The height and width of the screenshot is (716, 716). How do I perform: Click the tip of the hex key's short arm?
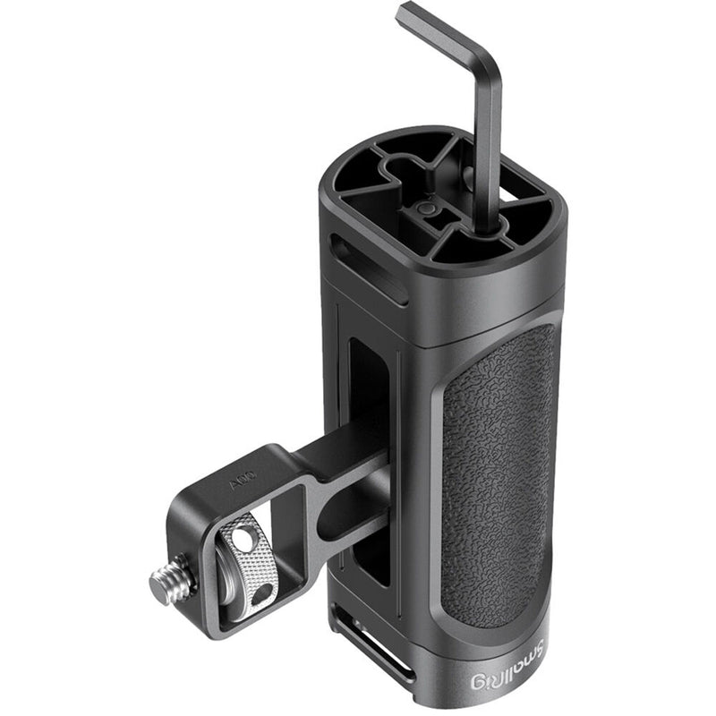(405, 12)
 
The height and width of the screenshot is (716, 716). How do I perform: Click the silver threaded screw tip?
(166, 583)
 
